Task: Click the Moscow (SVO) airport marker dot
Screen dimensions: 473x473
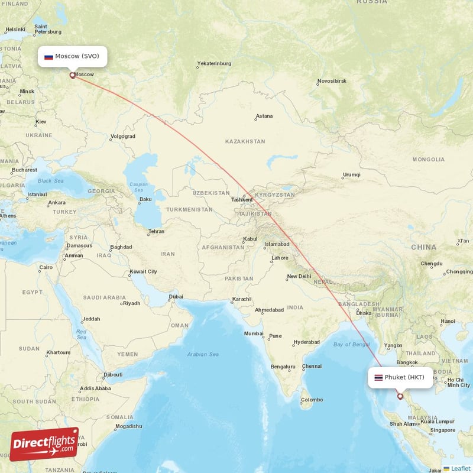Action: point(73,75)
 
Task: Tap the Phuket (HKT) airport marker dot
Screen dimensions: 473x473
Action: point(400,396)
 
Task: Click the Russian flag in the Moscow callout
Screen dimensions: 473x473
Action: point(48,57)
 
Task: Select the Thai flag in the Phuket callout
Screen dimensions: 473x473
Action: point(378,377)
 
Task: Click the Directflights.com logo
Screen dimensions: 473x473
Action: point(44,444)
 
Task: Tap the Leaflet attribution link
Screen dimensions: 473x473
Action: point(461,468)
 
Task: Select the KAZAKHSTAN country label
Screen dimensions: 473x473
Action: point(245,142)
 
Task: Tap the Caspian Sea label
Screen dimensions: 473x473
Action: point(139,187)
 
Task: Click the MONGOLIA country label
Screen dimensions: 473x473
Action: point(429,160)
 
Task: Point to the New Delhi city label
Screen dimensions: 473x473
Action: point(299,277)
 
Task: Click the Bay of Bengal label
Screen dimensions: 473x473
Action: point(351,344)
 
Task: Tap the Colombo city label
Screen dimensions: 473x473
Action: point(312,400)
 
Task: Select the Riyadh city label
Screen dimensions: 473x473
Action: point(131,303)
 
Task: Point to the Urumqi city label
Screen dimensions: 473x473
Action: point(351,175)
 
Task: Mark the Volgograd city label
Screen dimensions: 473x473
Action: point(122,137)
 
